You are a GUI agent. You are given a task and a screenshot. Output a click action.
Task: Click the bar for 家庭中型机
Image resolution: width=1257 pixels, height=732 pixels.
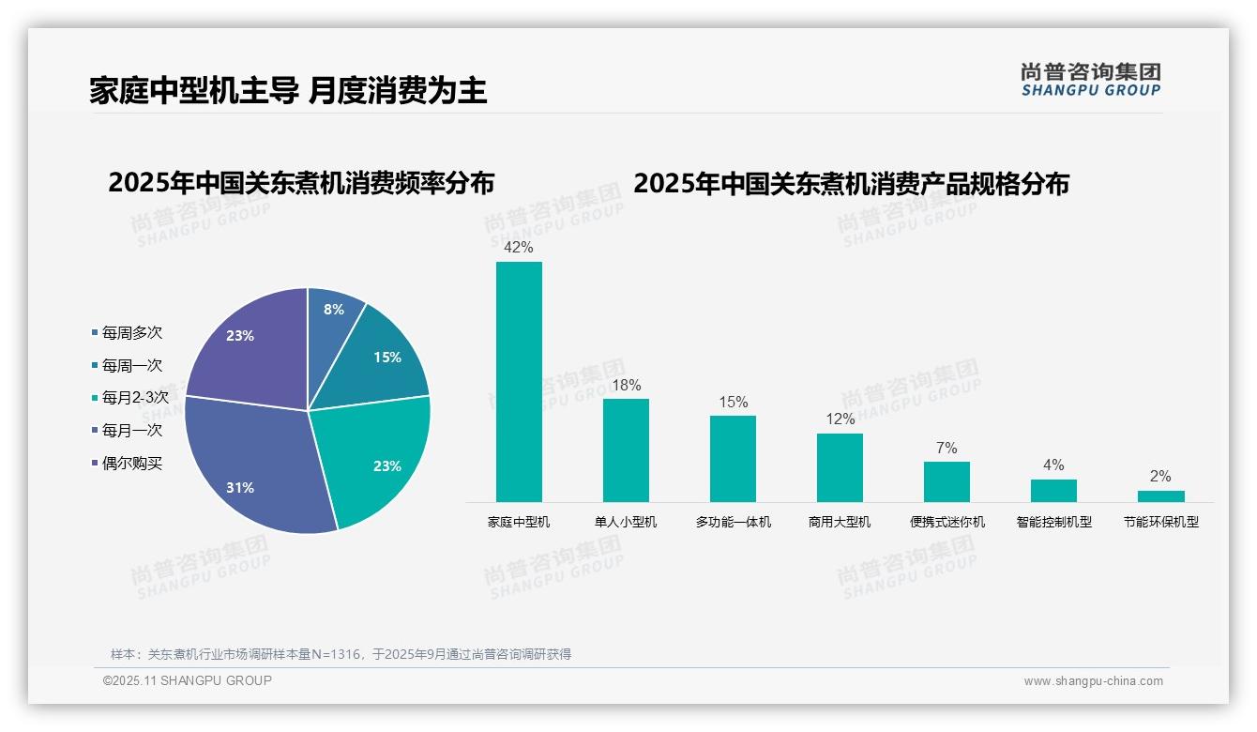(x=519, y=381)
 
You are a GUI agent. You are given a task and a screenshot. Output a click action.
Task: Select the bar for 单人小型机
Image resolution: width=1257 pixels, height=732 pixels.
(x=626, y=450)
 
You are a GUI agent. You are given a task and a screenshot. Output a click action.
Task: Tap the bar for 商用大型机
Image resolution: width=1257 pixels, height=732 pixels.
(x=840, y=467)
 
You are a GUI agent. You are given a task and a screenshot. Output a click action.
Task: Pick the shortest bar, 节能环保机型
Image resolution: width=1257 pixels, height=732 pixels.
(x=1160, y=496)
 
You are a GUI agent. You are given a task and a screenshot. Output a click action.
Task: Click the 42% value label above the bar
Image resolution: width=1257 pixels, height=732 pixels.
(x=518, y=248)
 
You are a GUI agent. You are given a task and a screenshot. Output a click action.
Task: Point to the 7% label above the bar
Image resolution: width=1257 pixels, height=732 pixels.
(x=947, y=449)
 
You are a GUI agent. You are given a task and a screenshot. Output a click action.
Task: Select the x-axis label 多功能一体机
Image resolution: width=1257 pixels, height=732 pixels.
(x=733, y=522)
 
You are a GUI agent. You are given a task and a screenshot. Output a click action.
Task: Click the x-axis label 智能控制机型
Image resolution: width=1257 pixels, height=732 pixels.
(x=1053, y=522)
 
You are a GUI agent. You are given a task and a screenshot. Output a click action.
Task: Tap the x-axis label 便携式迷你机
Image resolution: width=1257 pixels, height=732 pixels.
(x=947, y=522)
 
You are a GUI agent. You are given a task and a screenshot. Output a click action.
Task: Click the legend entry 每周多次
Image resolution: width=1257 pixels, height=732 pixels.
(x=131, y=333)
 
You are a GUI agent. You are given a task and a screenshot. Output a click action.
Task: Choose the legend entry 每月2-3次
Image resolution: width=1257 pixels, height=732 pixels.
(x=134, y=397)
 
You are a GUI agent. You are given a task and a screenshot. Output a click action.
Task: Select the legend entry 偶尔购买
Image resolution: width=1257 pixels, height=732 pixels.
(x=131, y=463)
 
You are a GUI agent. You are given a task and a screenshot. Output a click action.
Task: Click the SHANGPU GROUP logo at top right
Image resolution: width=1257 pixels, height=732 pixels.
(x=1090, y=80)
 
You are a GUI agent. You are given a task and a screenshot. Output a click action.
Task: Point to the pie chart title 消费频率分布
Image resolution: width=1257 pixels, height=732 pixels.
(x=301, y=183)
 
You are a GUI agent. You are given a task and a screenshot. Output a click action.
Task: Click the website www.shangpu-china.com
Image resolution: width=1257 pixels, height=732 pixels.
(x=1093, y=681)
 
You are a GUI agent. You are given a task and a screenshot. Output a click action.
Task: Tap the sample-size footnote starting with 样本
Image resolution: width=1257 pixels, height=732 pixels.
(x=341, y=654)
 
